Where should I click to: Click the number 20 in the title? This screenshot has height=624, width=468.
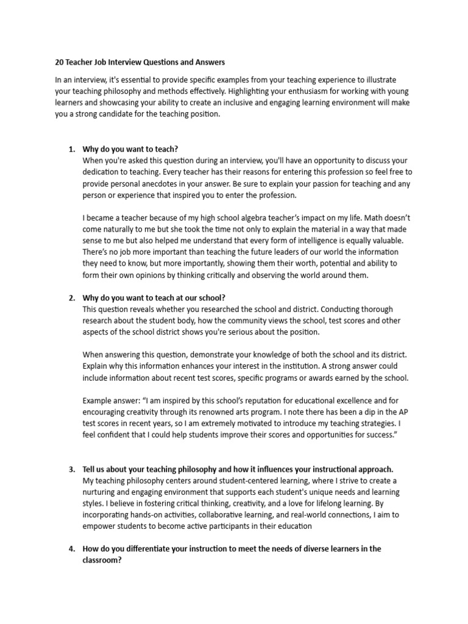tap(60, 62)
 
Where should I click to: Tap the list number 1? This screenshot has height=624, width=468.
tap(71, 149)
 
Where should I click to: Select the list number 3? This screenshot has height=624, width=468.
tap(71, 469)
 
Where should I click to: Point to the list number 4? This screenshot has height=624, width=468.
tap(71, 548)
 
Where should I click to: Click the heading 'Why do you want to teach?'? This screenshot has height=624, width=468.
tap(130, 149)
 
